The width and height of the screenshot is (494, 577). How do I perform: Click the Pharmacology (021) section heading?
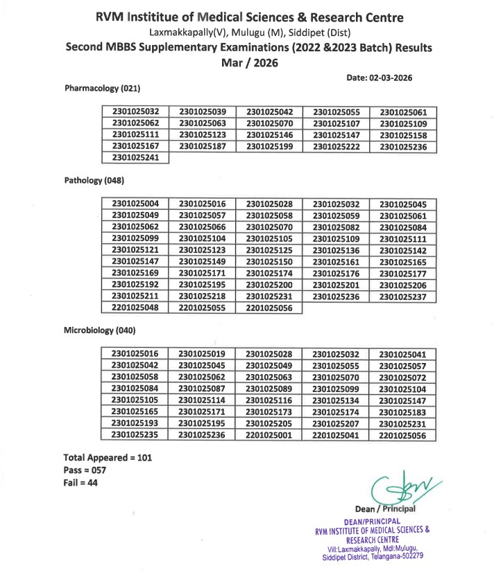point(103,89)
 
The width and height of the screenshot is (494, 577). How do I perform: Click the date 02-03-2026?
point(393,78)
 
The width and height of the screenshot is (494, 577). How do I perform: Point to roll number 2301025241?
point(135,157)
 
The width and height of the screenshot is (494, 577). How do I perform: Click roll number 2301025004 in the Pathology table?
point(135,204)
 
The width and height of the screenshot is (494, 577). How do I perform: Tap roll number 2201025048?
point(135,308)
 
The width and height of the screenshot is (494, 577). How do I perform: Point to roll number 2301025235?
point(135,435)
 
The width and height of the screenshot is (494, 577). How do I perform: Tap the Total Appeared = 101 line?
point(108,457)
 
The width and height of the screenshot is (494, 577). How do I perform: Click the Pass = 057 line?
point(85,470)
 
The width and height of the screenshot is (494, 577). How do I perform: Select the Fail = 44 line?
point(80,483)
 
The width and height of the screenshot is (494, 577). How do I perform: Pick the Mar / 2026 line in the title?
point(248,63)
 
